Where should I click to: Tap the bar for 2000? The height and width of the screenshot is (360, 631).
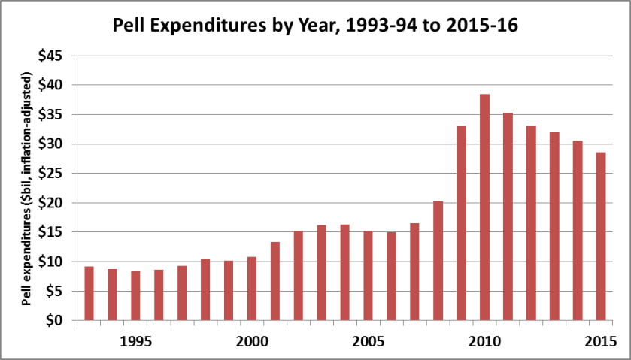coord(252,289)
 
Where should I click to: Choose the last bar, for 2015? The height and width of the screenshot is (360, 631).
coord(601,236)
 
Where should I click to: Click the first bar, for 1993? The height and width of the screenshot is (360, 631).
coord(89,293)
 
